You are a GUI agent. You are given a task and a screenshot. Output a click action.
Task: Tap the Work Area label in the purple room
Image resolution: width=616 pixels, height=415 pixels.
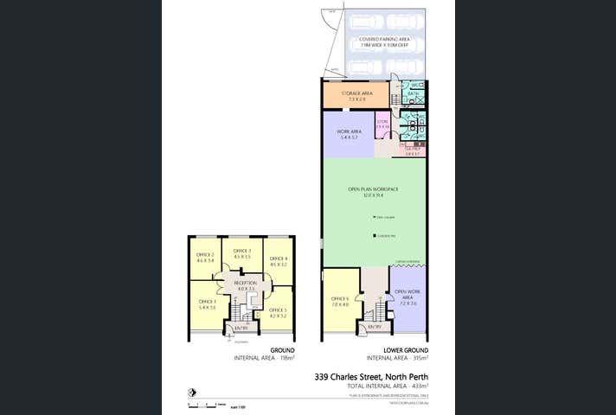(349, 135)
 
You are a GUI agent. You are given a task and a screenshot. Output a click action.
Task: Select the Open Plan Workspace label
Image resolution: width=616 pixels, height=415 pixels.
(373, 192)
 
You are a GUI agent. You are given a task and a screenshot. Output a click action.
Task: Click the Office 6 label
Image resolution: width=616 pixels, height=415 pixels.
(339, 300)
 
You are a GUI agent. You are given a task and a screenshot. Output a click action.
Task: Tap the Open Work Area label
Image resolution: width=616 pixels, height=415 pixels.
(407, 298)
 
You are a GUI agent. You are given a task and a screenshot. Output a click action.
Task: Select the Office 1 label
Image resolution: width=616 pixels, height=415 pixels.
(206, 304)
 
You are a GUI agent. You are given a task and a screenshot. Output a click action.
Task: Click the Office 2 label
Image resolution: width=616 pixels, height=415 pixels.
(205, 257)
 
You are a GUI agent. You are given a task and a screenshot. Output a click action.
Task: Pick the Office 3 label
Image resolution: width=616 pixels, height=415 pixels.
(242, 253)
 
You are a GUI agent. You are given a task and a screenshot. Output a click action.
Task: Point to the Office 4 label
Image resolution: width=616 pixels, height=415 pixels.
(278, 261)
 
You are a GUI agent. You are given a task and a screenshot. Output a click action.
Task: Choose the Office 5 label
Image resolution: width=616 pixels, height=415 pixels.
(277, 313)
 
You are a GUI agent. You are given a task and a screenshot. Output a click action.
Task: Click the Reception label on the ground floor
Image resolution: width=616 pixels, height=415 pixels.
(246, 285)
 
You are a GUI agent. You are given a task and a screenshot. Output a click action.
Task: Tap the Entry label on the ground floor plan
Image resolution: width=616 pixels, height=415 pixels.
(241, 329)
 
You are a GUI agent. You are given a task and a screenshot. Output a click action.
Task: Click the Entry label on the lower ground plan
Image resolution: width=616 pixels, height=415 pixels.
(374, 327)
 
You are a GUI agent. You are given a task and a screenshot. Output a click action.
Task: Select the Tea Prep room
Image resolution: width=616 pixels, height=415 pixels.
(413, 150)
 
